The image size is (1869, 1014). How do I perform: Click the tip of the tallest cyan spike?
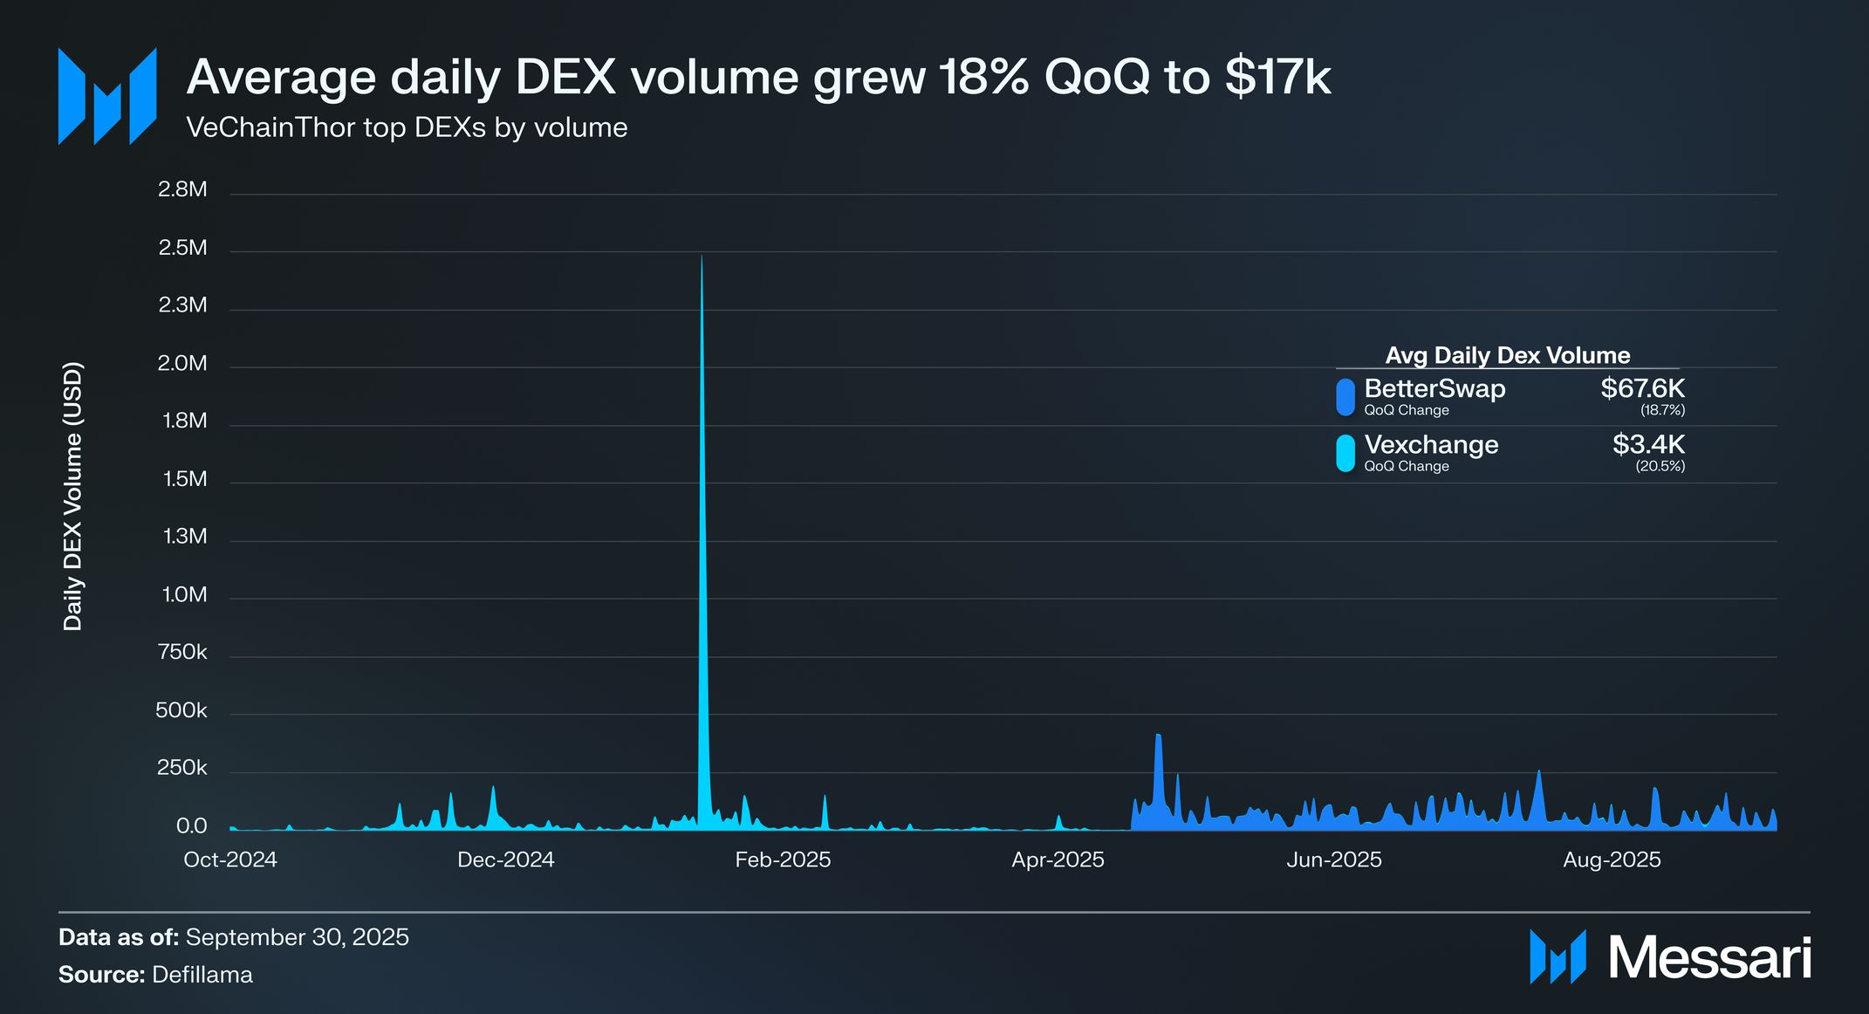[x=702, y=257]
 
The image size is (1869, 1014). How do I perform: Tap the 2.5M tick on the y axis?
[x=183, y=249]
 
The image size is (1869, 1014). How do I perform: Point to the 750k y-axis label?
[x=182, y=653]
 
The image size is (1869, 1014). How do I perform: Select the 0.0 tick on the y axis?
[x=192, y=826]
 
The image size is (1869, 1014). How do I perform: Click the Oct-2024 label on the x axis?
[x=230, y=860]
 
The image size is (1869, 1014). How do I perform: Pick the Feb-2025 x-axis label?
[x=783, y=860]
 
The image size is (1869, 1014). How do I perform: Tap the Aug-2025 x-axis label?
[x=1612, y=860]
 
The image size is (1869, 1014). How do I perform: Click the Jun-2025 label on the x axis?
[x=1334, y=860]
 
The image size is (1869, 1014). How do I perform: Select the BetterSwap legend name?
[x=1434, y=389]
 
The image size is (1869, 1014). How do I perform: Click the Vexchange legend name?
[x=1431, y=445]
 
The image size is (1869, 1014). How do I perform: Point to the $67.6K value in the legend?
[x=1642, y=389]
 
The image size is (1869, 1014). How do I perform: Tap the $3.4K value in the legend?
[x=1648, y=445]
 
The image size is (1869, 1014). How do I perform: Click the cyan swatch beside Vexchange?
[x=1345, y=453]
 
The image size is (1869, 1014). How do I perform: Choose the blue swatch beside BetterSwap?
[x=1345, y=397]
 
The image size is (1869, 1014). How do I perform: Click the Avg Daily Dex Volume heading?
[x=1508, y=356]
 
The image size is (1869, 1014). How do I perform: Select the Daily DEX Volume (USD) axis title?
[x=73, y=496]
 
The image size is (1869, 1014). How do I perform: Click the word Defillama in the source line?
[x=202, y=975]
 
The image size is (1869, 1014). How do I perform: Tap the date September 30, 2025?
[x=297, y=937]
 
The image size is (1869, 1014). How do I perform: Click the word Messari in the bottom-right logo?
[x=1709, y=958]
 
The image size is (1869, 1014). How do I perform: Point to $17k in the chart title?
[x=1277, y=77]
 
